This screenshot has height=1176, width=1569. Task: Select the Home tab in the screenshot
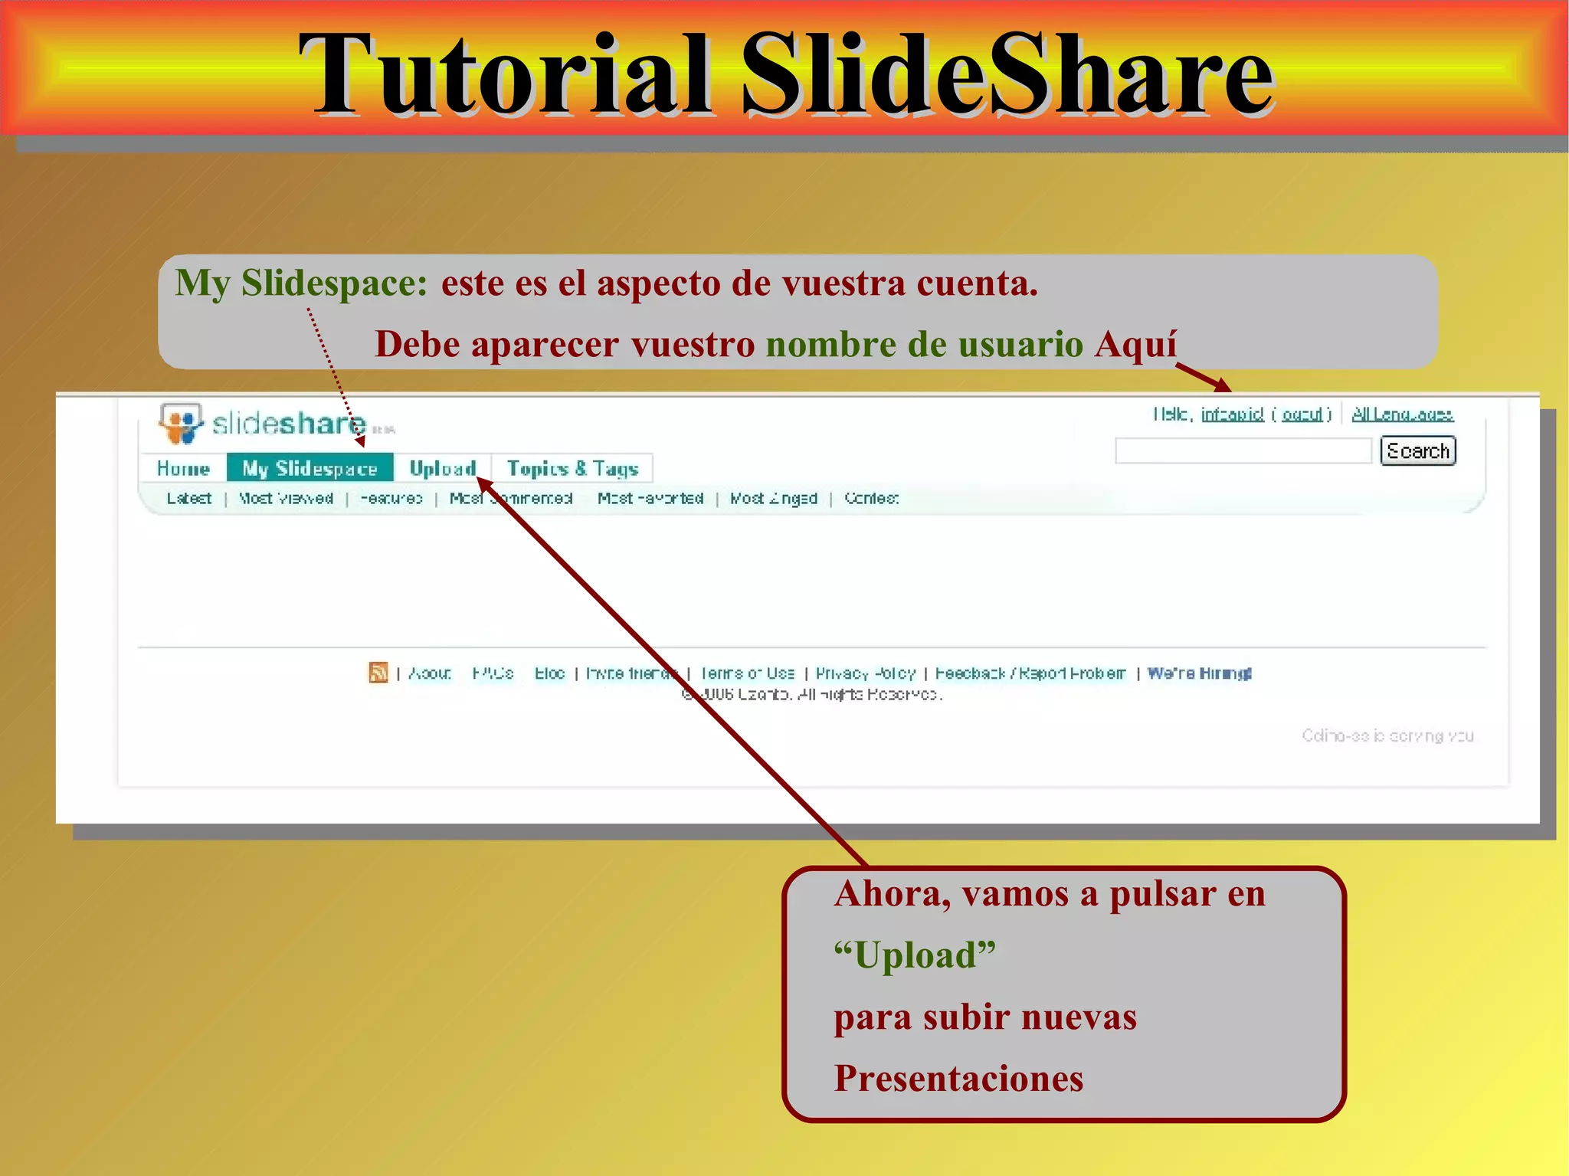coord(183,468)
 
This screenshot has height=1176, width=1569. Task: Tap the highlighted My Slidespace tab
coord(310,468)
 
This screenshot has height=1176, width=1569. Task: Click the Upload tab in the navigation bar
coord(442,468)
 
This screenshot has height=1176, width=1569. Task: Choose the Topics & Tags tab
coord(572,468)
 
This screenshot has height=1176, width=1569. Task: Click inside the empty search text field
coord(1243,451)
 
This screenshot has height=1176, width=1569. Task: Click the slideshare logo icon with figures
coord(180,424)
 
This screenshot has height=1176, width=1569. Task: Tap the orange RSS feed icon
coord(378,673)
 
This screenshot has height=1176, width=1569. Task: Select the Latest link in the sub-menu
coord(189,499)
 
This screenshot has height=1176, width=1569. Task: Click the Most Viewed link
coord(286,499)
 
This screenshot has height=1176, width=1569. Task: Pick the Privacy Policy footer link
coord(866,673)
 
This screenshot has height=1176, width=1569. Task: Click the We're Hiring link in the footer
coord(1199,673)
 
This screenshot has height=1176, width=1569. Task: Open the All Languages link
coord(1402,414)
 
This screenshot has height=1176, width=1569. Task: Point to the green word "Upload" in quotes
coord(915,955)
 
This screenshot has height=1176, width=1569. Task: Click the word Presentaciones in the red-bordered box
coord(958,1079)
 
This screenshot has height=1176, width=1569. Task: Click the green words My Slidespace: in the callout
coord(301,283)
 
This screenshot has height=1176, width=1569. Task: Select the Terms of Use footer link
coord(747,673)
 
